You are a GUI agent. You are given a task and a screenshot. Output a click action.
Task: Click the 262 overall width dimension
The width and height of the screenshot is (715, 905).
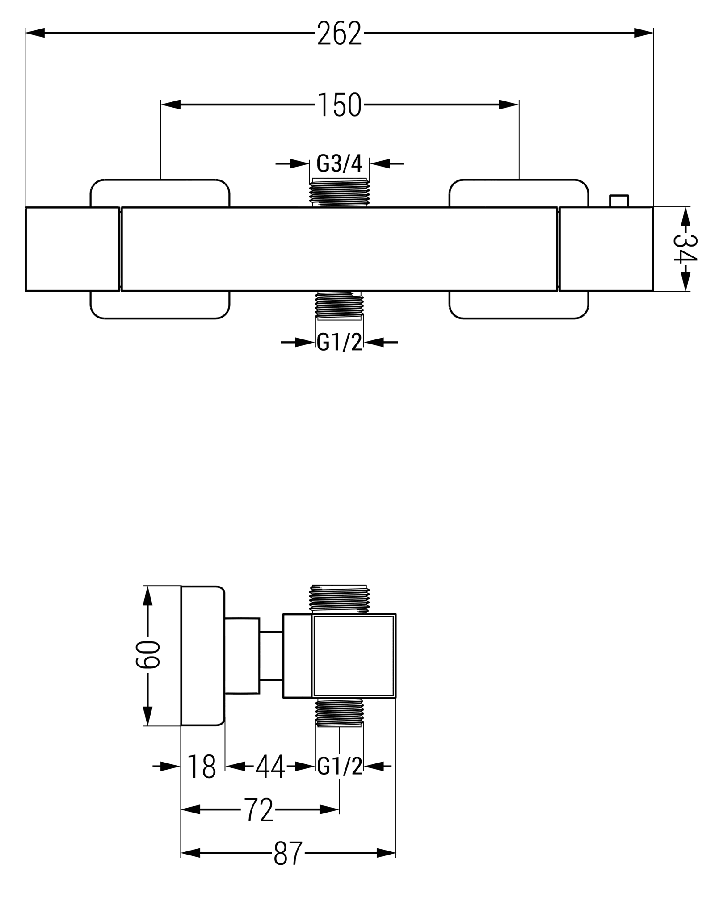(339, 34)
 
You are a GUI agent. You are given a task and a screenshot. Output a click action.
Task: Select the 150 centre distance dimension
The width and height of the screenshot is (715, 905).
(340, 105)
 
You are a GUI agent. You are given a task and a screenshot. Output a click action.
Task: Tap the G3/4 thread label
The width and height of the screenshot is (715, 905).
(339, 163)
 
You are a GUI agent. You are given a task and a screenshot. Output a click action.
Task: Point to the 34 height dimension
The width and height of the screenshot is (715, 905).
(685, 249)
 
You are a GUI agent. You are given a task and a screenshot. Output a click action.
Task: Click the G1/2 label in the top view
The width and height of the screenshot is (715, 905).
(339, 342)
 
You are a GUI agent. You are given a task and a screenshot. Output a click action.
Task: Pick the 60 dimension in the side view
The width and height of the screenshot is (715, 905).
(147, 655)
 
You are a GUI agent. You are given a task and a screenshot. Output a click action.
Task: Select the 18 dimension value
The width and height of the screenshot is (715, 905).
(202, 767)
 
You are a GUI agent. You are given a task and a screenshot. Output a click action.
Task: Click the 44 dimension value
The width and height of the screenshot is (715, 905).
(270, 767)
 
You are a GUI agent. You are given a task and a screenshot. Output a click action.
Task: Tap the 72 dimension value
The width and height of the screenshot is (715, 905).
(259, 810)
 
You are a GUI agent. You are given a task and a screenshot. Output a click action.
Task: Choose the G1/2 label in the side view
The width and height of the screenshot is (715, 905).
(340, 767)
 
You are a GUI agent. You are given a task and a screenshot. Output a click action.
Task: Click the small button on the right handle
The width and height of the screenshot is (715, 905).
(619, 201)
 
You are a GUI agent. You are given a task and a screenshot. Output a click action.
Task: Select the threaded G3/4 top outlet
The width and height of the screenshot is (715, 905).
(340, 192)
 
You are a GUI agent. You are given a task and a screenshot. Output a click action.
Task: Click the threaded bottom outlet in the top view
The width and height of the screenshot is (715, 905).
(340, 305)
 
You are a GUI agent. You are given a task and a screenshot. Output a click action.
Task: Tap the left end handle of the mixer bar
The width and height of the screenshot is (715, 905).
(72, 249)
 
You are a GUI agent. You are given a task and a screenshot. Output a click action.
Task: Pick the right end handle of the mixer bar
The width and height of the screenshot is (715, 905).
(606, 249)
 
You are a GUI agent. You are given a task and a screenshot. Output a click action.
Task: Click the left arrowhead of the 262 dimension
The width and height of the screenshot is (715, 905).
(35, 33)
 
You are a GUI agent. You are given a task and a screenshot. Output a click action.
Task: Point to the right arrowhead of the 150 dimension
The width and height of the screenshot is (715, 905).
(509, 105)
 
